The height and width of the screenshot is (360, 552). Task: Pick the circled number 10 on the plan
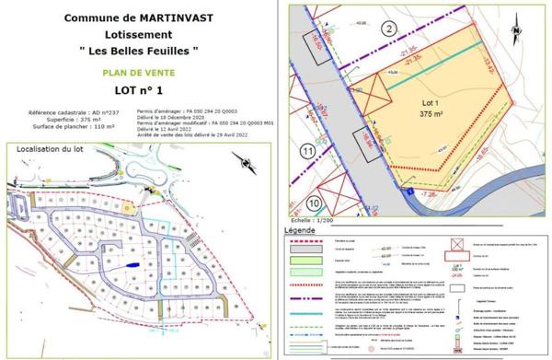[314, 203]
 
